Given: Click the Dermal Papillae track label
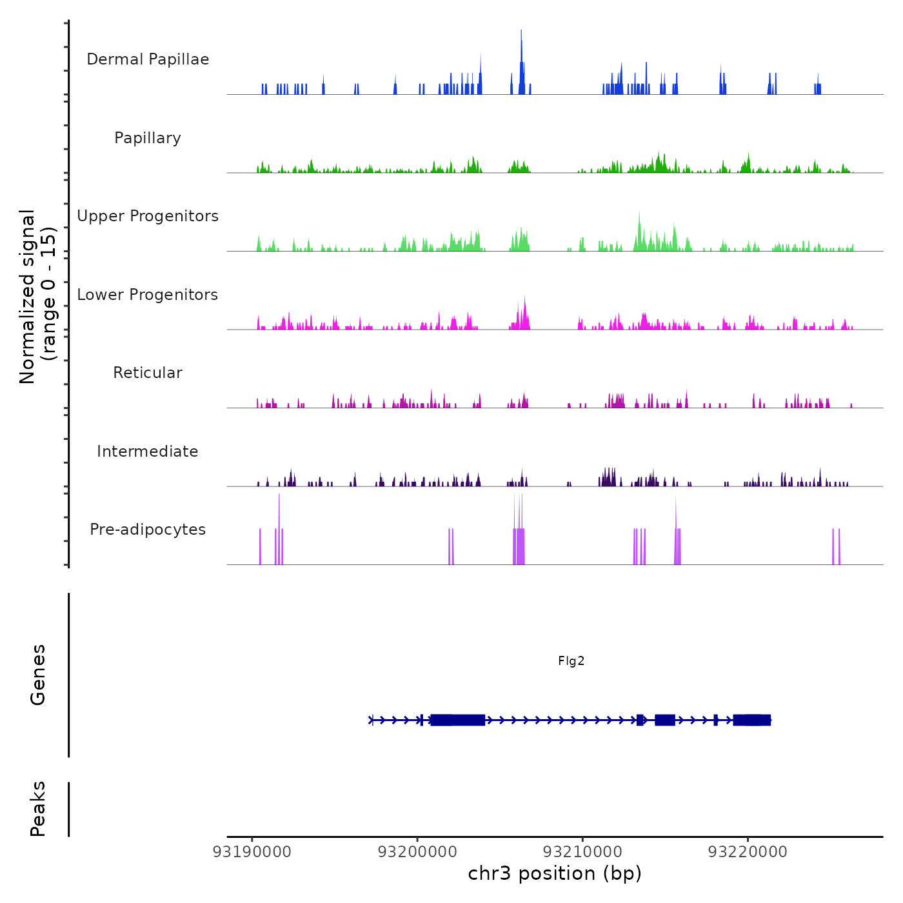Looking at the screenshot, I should [x=148, y=59].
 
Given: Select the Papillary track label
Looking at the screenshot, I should [x=148, y=138].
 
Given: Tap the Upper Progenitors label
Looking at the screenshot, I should [x=148, y=216].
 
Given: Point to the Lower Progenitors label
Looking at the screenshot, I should [x=148, y=295].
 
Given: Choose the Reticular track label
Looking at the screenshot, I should [x=148, y=373].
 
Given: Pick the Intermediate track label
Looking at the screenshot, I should [x=148, y=451].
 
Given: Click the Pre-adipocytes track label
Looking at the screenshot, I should [x=148, y=530].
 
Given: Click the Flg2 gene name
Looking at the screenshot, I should [x=571, y=661].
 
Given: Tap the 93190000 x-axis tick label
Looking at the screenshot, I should [x=252, y=852].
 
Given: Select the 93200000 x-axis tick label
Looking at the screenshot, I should [x=417, y=852].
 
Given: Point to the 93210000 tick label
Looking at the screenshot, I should [x=582, y=852].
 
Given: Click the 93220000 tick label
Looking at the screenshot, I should [x=748, y=852].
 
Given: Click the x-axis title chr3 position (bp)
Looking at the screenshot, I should [x=555, y=873].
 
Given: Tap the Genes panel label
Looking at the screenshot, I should [x=38, y=675].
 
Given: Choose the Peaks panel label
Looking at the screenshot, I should [x=38, y=809].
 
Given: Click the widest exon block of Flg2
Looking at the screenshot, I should [x=458, y=720].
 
